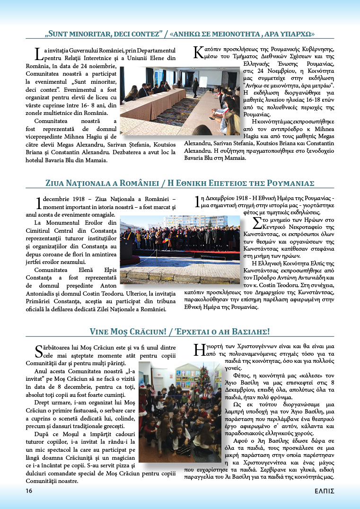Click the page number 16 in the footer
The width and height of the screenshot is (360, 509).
[29, 491]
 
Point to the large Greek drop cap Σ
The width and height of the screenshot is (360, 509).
[257, 223]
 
